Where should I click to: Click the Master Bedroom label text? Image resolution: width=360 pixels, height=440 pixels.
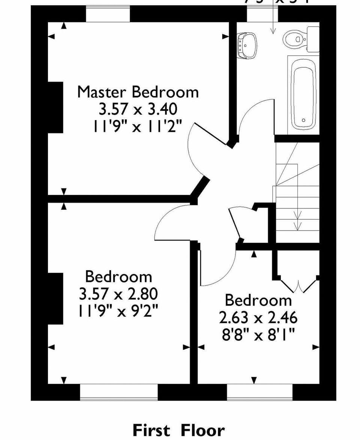point(138,92)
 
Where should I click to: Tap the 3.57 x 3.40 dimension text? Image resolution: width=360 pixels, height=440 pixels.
point(138,110)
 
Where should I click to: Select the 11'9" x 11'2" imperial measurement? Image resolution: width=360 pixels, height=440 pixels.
point(138,127)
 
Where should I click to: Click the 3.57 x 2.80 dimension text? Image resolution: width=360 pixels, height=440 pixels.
point(118,294)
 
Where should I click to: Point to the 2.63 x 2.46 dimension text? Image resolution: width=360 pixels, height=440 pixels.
point(258,318)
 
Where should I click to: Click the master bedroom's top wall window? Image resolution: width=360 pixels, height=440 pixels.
point(108,14)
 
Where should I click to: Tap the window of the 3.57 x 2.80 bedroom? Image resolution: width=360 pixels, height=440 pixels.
point(119,392)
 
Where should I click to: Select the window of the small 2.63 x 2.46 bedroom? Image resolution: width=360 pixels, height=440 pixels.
point(260,392)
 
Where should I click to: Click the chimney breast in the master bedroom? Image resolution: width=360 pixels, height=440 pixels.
point(55,107)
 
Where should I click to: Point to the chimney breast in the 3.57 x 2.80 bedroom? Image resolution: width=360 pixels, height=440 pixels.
point(55,298)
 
